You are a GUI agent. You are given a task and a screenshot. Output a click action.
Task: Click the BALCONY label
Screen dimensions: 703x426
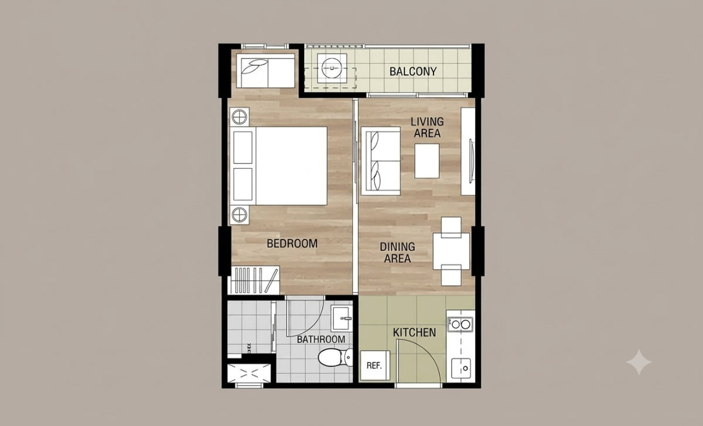click(413, 71)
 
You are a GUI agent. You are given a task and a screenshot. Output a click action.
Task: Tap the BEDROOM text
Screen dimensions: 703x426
click(292, 244)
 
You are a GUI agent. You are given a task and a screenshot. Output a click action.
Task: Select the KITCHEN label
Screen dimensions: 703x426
click(415, 332)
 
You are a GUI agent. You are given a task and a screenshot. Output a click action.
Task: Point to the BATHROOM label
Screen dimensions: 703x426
click(321, 339)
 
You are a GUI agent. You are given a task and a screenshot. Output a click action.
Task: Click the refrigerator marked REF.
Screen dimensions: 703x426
click(375, 366)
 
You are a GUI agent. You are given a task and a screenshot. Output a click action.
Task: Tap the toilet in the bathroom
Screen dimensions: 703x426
click(335, 357)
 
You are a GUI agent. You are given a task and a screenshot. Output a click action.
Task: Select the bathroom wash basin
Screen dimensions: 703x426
click(342, 318)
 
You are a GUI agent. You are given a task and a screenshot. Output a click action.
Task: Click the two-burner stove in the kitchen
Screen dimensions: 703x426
click(460, 324)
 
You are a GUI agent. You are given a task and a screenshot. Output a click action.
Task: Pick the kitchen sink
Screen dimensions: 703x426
click(461, 368)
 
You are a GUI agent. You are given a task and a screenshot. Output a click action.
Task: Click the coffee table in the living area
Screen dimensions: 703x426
click(427, 161)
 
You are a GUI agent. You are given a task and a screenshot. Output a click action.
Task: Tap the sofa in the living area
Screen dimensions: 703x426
click(381, 161)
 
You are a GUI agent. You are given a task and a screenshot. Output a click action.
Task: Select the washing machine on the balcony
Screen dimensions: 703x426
click(332, 68)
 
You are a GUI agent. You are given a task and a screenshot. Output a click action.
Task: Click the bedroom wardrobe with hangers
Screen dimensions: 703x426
click(255, 280)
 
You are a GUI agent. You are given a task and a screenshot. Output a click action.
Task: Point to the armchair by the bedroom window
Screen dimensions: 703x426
click(265, 71)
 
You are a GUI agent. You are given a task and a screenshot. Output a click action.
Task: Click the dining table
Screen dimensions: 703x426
click(451, 251)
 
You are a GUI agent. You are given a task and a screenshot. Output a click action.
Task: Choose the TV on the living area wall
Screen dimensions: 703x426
click(471, 161)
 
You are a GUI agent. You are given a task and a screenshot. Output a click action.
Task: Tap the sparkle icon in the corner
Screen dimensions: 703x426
click(639, 362)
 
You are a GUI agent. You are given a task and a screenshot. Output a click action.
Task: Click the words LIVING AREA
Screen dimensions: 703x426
click(427, 128)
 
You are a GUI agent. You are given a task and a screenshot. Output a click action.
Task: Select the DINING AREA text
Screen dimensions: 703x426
click(397, 253)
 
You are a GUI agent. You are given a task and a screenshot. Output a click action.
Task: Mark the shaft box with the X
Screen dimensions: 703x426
click(249, 373)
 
